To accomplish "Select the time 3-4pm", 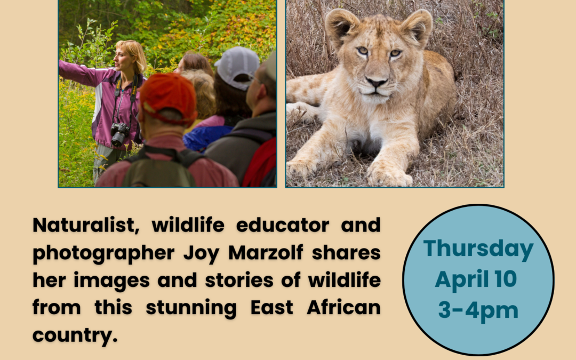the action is coord(478,311).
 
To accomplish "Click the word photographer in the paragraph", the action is coord(103,254).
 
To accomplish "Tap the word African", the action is coord(343,307).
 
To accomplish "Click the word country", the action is coord(75,336).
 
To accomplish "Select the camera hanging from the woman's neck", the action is coord(119,134).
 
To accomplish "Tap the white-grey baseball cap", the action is coord(237,68).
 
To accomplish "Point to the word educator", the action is coord(283,225).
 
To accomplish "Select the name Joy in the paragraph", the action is coord(201,253).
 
